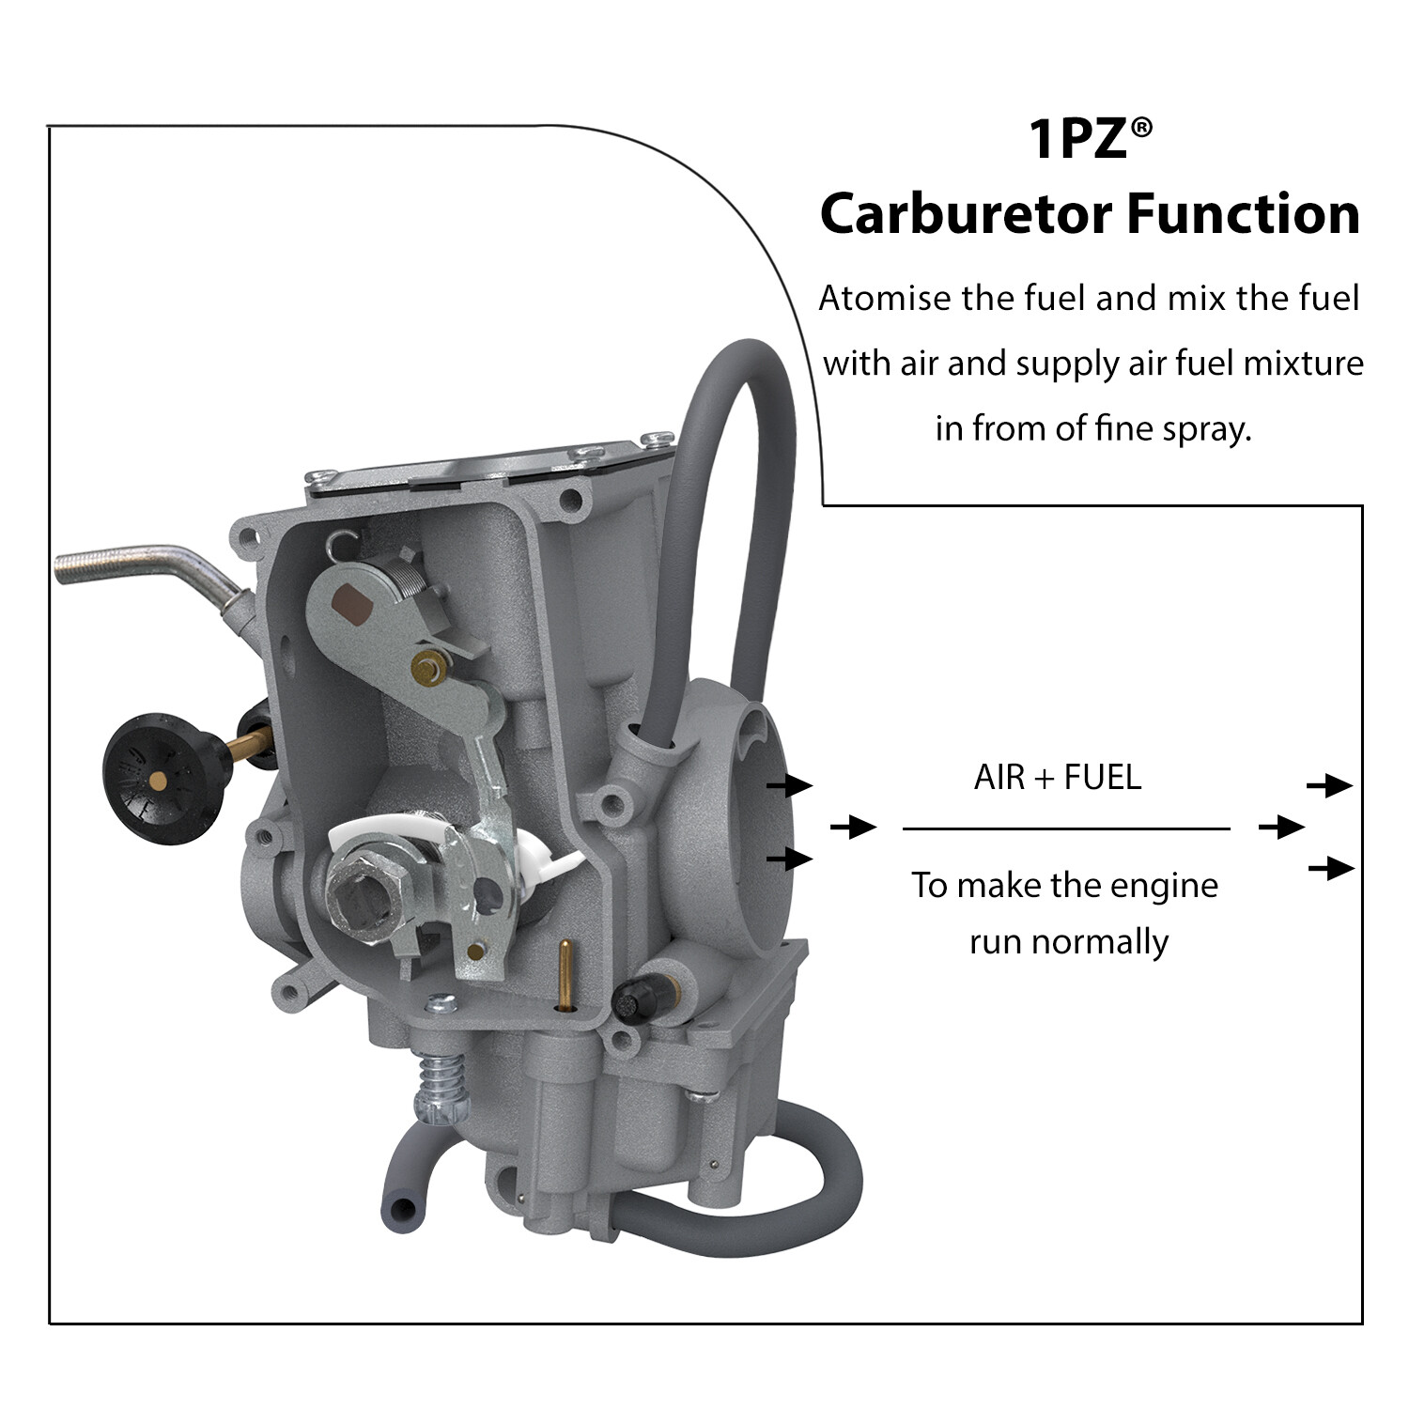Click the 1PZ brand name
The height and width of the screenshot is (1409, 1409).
click(1078, 139)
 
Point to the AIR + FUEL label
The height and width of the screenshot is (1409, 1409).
click(1058, 778)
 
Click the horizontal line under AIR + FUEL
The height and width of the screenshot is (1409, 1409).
click(1066, 828)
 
